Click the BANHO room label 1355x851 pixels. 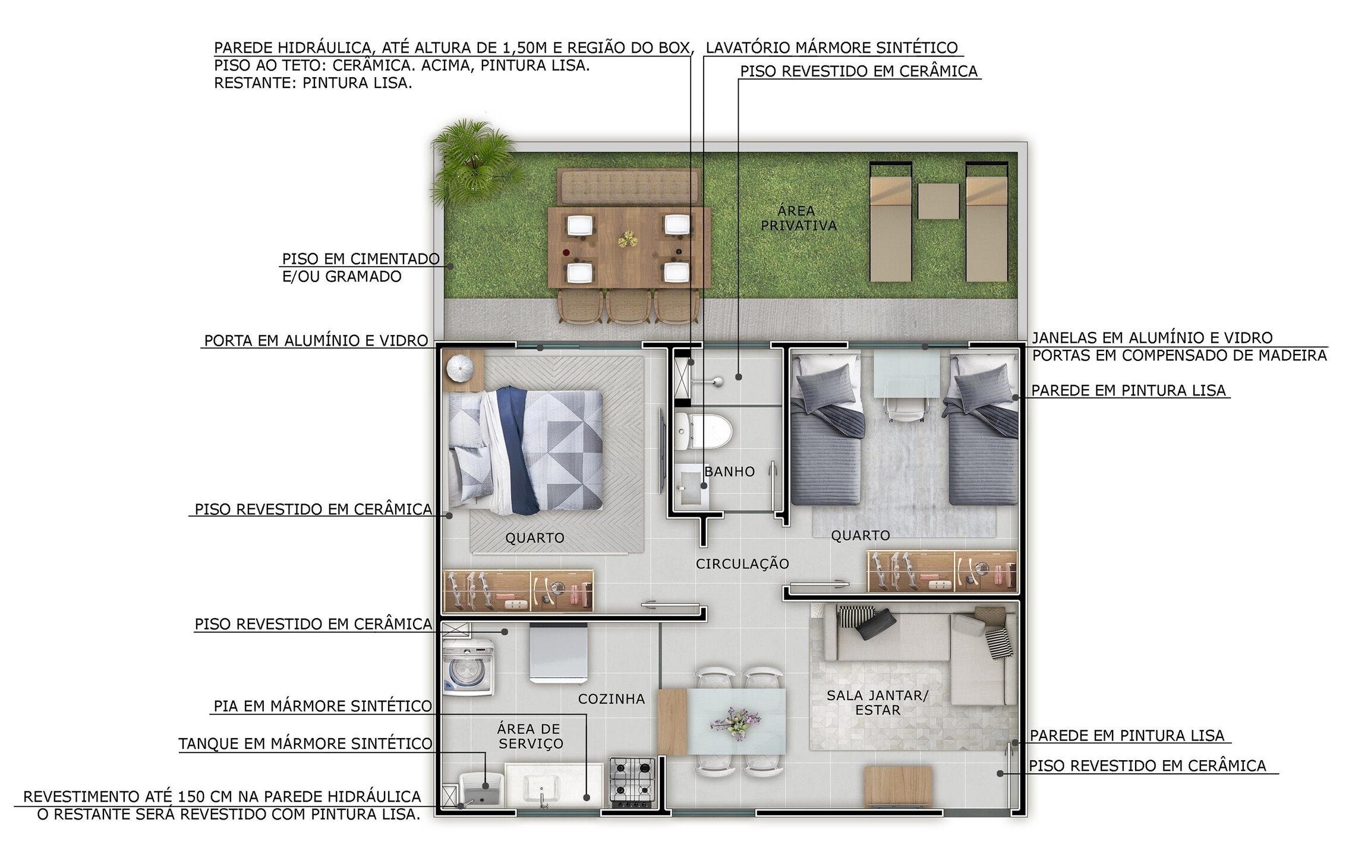tap(729, 472)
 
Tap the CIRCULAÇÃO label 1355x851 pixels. tap(742, 564)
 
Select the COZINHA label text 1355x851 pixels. tap(612, 699)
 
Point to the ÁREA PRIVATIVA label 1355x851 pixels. tap(799, 218)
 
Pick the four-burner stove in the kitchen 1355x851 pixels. tap(633, 782)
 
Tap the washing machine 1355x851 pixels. tap(468, 666)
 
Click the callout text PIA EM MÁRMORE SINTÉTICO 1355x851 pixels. tap(323, 706)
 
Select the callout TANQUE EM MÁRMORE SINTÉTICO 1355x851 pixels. tap(305, 744)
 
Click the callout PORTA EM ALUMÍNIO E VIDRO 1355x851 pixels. tap(316, 340)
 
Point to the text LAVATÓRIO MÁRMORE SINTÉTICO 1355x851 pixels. tap(832, 48)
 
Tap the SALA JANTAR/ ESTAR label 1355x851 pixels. tap(878, 703)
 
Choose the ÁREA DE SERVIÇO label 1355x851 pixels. tap(530, 736)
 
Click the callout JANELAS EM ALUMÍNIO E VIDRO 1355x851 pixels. tap(1152, 338)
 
